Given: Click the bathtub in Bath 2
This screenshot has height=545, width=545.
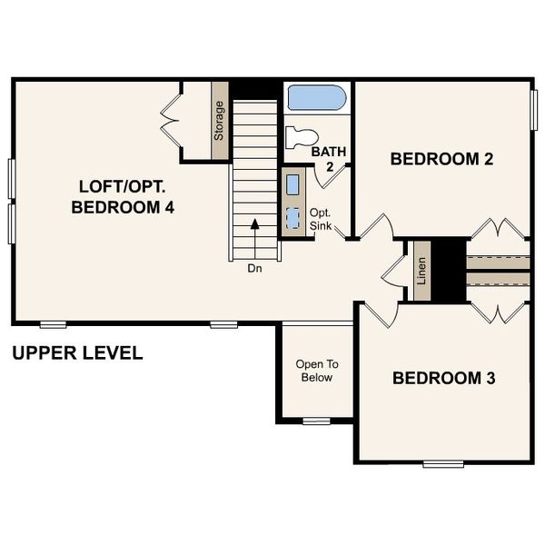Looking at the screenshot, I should [316, 98].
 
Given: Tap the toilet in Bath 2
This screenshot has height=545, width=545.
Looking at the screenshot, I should [301, 137].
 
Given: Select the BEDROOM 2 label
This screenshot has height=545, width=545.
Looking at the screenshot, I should [441, 160].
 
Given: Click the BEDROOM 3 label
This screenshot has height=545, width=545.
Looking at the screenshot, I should [443, 378].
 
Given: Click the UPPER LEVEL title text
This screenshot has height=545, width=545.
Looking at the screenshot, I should [77, 353].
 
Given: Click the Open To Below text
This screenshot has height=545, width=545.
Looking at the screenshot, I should [314, 371].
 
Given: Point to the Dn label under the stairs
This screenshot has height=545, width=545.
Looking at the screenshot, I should [254, 269].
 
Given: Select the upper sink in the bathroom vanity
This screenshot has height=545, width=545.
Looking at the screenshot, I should [292, 184].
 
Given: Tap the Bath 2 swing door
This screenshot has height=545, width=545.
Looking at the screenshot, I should [326, 174].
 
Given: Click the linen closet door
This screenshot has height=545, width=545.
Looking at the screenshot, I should [393, 269].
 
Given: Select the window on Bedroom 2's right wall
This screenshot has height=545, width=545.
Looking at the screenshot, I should [532, 109].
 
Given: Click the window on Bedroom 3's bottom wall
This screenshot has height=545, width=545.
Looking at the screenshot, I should [443, 463].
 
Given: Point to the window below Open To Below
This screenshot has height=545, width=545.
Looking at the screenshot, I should [316, 421].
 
